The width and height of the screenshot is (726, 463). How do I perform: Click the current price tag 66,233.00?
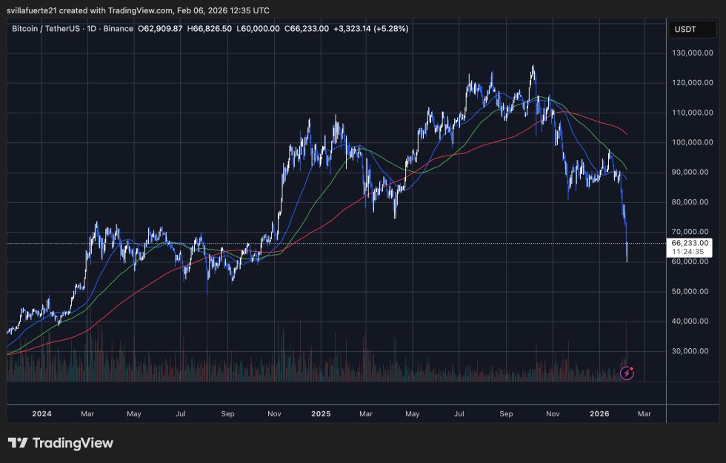689,242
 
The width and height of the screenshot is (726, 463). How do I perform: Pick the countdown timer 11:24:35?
689,252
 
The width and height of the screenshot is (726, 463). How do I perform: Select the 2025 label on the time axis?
321,414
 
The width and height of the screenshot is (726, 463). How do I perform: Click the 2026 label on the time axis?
599,414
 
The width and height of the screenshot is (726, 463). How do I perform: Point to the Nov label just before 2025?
274,414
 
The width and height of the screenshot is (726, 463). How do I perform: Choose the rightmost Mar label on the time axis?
644,414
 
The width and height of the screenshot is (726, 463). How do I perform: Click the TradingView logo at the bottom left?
61,443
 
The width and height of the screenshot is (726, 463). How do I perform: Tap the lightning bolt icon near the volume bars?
627,373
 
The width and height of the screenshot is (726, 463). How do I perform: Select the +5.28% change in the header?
392,28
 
